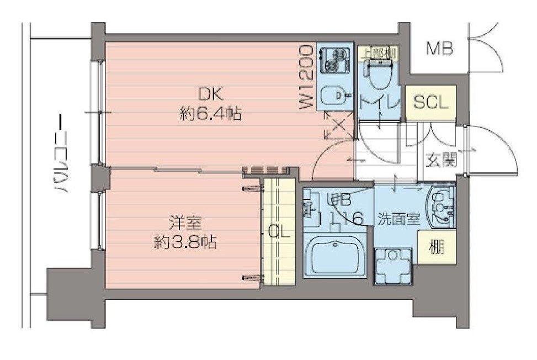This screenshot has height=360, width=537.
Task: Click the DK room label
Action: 209,93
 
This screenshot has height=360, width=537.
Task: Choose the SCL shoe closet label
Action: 431,103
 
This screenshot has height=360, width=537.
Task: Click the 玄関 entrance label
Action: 441,161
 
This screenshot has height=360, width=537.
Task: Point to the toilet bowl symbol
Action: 378,75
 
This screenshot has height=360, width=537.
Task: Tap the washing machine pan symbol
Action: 393,264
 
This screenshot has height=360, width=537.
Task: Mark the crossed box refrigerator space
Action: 336,126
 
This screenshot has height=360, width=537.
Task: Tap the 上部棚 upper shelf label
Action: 379,53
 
